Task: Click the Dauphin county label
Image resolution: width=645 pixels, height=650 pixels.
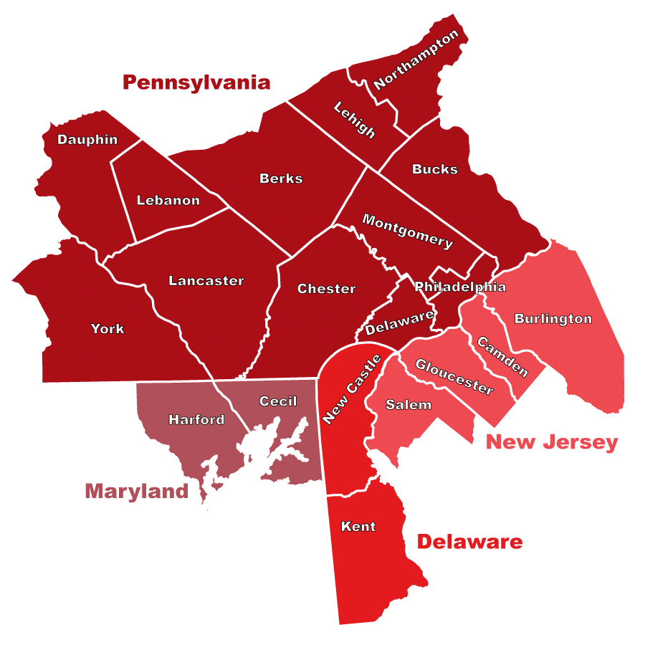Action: point(87,140)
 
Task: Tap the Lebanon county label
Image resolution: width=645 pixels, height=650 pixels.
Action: point(168,200)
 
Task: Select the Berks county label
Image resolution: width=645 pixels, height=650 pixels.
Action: point(281,178)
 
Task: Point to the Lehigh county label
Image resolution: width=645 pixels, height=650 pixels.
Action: point(355,120)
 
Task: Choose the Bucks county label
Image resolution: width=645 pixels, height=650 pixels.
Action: point(434,169)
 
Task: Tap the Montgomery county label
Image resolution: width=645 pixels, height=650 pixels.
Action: point(407,231)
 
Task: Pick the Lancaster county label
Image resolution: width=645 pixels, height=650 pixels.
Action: point(206,281)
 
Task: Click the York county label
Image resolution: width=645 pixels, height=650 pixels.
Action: point(107,329)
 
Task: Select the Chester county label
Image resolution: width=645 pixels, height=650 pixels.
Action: point(326,289)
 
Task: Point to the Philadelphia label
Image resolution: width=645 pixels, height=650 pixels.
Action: point(460,287)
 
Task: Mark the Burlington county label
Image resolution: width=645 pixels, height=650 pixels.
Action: point(553,318)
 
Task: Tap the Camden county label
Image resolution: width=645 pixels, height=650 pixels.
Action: point(502,357)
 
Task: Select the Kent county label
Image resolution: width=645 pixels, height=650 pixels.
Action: point(358,527)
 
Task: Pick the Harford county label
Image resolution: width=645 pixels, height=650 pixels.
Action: point(196,419)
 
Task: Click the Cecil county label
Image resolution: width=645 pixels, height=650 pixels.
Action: point(278,401)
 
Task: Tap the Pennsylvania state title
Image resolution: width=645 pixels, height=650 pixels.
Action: point(196,82)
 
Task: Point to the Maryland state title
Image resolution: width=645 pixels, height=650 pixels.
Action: point(136,491)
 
